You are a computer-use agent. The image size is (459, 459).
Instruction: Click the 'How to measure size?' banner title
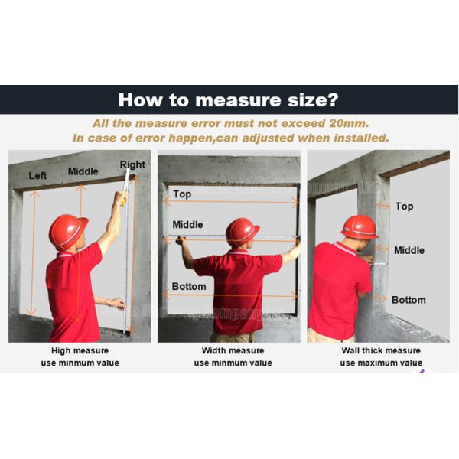(x=228, y=100)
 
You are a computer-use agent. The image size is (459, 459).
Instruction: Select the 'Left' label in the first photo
(x=37, y=176)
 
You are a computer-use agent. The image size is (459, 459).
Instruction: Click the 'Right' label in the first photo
(x=132, y=164)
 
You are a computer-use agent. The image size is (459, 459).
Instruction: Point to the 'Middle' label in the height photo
(x=83, y=171)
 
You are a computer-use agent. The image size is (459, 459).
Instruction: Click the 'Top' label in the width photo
(x=182, y=194)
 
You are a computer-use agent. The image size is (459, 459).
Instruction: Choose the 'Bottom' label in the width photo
(x=189, y=286)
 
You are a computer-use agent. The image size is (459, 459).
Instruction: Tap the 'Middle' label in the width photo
(x=187, y=225)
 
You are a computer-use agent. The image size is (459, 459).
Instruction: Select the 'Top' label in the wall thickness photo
(x=404, y=207)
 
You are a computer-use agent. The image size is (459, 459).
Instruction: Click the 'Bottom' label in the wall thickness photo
(x=409, y=300)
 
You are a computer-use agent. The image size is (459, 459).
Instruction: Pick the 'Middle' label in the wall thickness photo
(x=409, y=250)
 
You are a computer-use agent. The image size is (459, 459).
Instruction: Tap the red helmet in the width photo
(x=242, y=232)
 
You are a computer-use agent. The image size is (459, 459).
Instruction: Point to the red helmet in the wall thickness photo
(x=360, y=227)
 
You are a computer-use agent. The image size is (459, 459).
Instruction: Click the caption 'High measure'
(x=80, y=350)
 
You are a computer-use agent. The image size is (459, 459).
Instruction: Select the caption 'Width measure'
(x=233, y=350)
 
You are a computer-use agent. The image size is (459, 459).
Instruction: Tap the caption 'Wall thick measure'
(x=381, y=350)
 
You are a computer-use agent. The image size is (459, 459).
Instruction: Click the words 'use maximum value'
(x=381, y=363)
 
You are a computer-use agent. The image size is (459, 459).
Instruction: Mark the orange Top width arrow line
(x=231, y=202)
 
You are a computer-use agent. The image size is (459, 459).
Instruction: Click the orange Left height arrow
(x=32, y=253)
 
